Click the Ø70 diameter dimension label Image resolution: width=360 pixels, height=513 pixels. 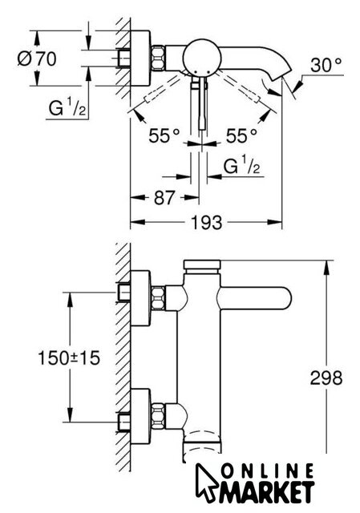pyautogui.click(x=37, y=59)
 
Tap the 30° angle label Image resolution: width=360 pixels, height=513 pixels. pyautogui.click(x=326, y=65)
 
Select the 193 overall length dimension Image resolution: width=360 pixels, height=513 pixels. pyautogui.click(x=206, y=223)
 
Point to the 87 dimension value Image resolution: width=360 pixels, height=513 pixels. pyautogui.click(x=164, y=198)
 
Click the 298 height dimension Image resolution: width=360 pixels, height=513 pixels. pyautogui.click(x=326, y=378)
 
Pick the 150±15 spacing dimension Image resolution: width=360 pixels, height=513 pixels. pyautogui.click(x=69, y=357)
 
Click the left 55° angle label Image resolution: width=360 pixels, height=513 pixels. pyautogui.click(x=164, y=135)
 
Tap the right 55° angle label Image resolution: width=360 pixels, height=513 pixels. pyautogui.click(x=241, y=135)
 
